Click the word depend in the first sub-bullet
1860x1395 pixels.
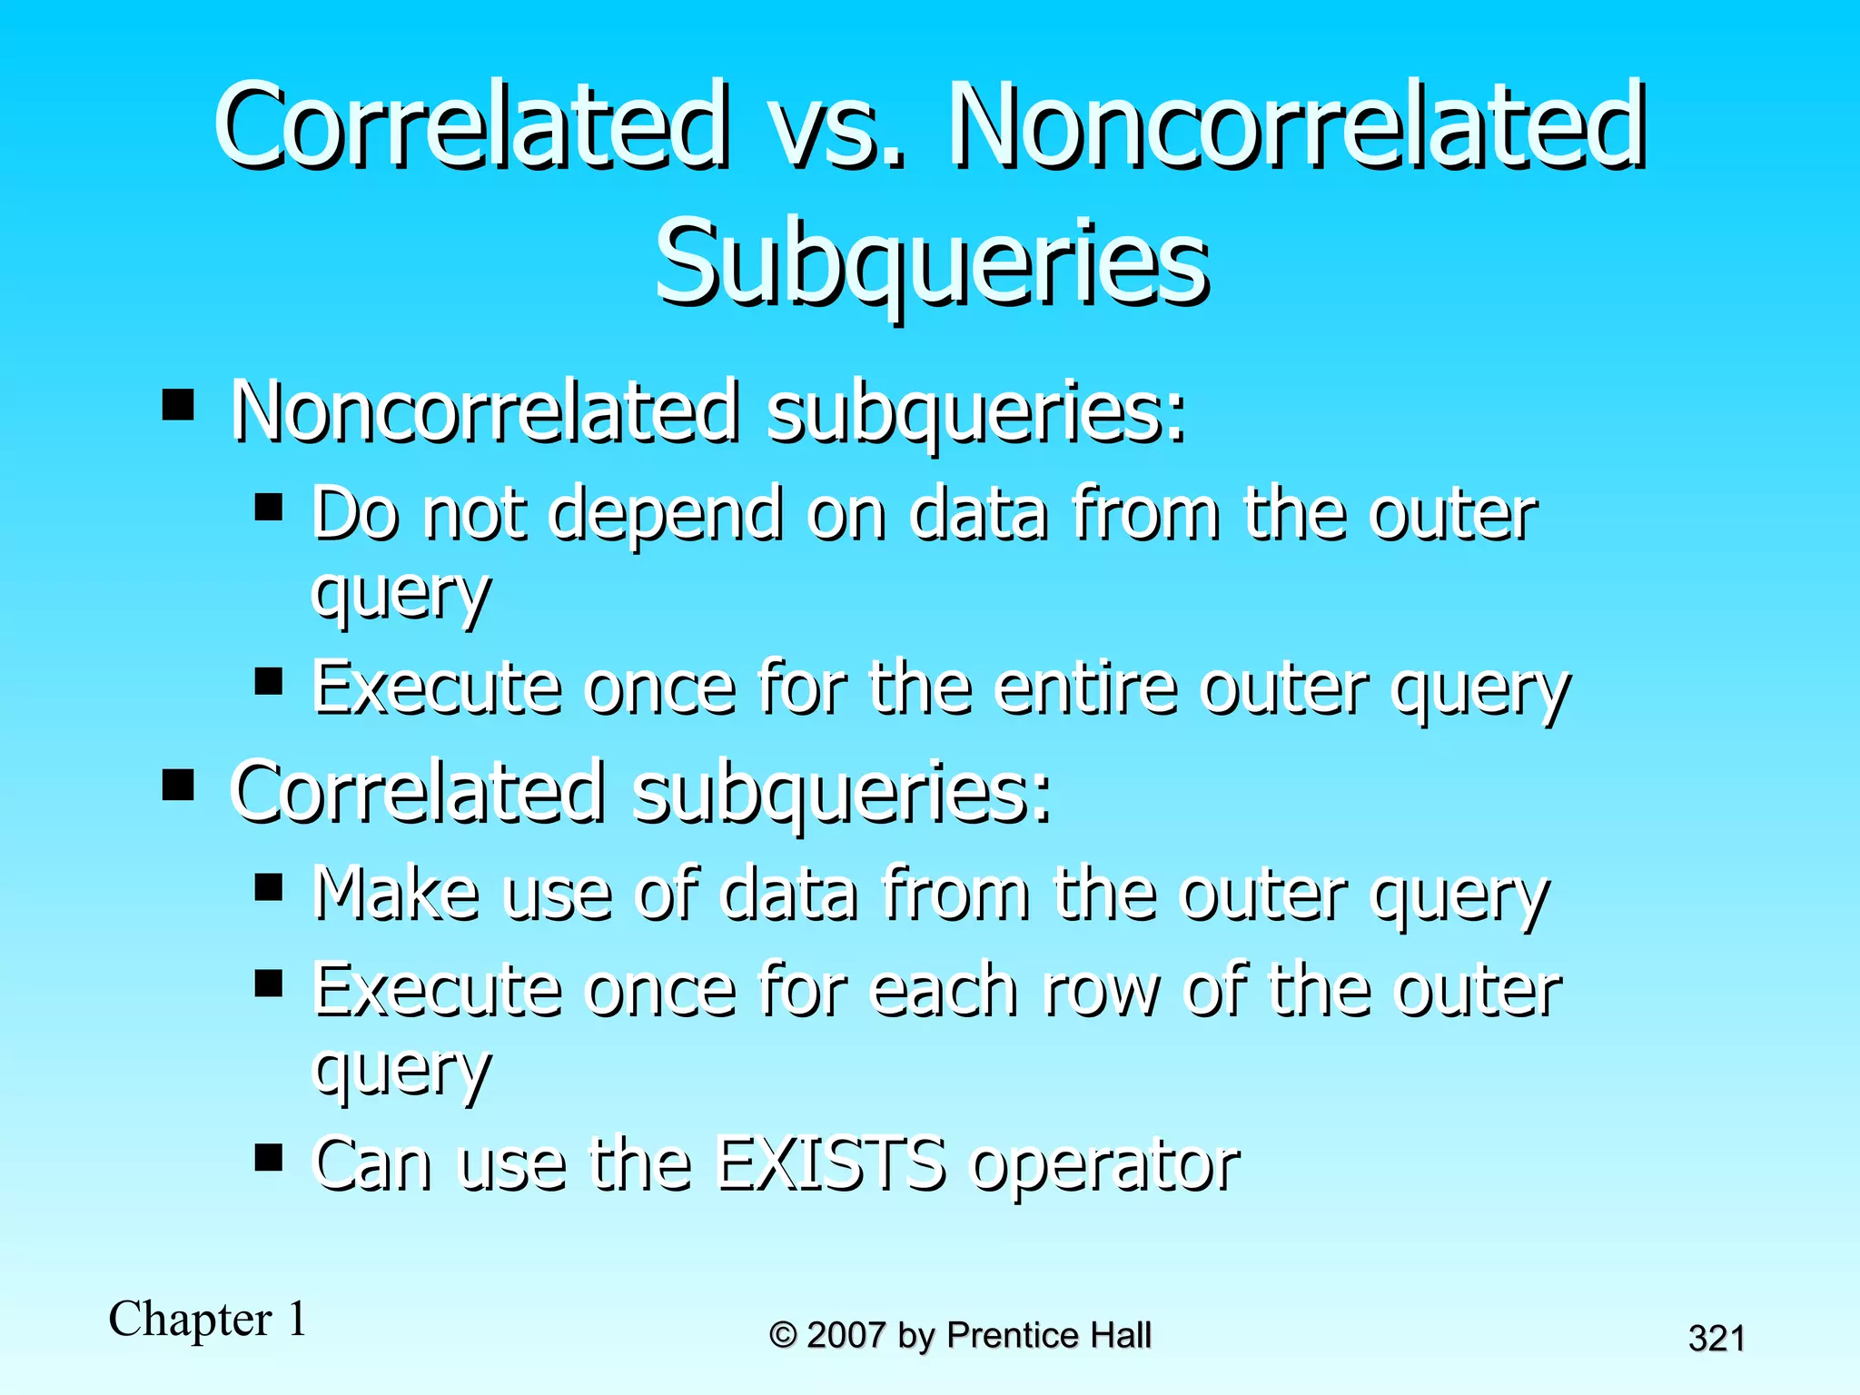tap(666, 516)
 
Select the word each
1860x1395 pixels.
tap(944, 990)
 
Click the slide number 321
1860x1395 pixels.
tap(1716, 1339)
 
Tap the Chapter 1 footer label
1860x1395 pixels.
tap(208, 1319)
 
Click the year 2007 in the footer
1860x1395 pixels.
tap(846, 1335)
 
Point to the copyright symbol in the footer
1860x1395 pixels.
tap(784, 1335)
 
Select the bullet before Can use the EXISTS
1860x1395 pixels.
tap(269, 1157)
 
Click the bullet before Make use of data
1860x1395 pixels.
tap(269, 886)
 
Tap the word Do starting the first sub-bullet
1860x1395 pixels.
tap(355, 514)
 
